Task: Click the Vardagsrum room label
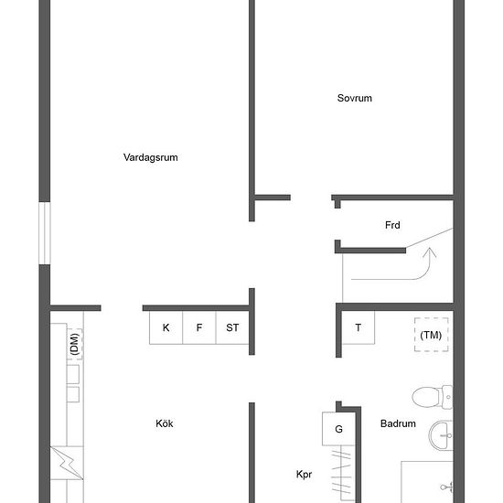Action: point(150,157)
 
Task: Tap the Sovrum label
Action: point(354,99)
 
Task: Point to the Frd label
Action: point(392,225)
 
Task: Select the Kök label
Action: point(165,423)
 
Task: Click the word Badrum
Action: point(398,423)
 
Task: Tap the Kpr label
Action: point(305,475)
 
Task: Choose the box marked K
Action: point(166,327)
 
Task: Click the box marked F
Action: point(198,327)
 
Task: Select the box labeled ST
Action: point(232,327)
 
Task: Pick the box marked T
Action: point(358,327)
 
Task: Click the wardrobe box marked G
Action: point(338,429)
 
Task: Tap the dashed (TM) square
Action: point(431,335)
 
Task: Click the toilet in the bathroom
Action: point(430,397)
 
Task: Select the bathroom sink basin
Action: point(443,434)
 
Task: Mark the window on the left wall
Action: point(43,234)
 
